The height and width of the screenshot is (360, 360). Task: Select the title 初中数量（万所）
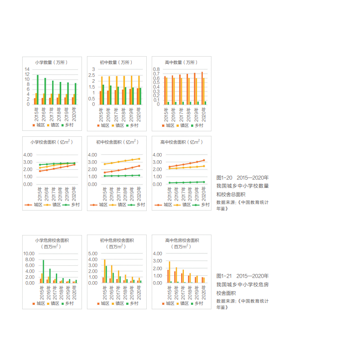[x=116, y=62]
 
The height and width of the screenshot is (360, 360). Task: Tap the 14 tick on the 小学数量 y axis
[x=27, y=69]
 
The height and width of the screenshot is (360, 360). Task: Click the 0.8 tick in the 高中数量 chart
[x=157, y=69]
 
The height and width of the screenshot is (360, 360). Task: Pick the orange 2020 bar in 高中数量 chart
[x=202, y=88]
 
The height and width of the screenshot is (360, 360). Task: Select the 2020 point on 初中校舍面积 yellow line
[x=139, y=158]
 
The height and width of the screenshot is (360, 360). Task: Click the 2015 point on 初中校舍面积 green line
[x=105, y=176]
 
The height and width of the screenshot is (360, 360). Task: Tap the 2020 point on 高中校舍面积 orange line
[x=204, y=160]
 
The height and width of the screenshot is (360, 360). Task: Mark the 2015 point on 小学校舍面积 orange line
[x=40, y=171]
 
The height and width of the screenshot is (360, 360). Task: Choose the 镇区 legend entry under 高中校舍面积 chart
[x=184, y=205]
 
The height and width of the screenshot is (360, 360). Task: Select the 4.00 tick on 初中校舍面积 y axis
[x=92, y=154]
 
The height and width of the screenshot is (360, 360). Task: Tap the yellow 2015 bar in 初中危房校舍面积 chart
[x=105, y=271]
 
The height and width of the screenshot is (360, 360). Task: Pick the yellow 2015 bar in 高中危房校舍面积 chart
[x=169, y=272]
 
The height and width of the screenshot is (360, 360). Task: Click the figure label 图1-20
[x=224, y=178]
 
